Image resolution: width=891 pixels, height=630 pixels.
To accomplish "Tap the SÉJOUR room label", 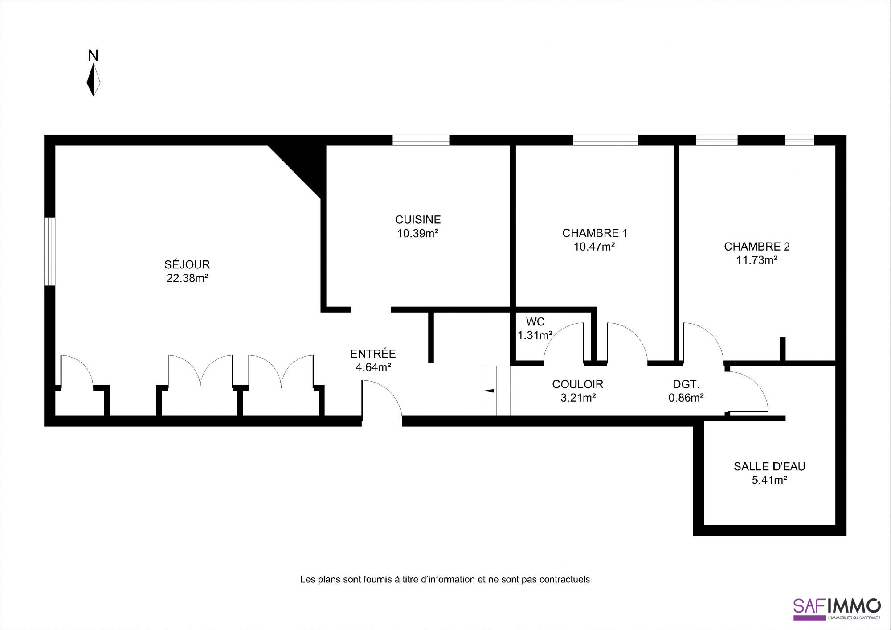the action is click(x=187, y=264).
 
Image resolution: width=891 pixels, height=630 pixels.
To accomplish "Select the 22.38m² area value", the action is click(x=188, y=278).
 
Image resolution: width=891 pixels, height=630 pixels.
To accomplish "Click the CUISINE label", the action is click(x=418, y=219).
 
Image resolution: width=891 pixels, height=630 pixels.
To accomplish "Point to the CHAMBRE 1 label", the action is click(x=595, y=233).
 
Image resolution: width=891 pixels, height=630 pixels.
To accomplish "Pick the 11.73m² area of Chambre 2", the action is click(x=757, y=260).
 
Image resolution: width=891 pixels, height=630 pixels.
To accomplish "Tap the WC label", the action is click(x=535, y=322).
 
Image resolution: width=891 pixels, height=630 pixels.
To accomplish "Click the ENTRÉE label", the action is click(x=373, y=354).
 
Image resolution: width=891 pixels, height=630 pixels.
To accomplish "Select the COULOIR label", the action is click(x=578, y=384).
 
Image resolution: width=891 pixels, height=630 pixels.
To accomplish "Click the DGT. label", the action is click(x=686, y=384).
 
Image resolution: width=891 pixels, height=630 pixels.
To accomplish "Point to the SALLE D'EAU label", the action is click(x=770, y=467).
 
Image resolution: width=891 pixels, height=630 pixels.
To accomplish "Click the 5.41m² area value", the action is click(x=770, y=480).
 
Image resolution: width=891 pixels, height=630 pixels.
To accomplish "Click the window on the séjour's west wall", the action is click(x=50, y=251).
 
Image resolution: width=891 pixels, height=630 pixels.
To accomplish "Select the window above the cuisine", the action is click(x=421, y=140).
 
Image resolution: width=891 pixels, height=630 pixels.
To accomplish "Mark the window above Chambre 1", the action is click(x=606, y=140).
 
